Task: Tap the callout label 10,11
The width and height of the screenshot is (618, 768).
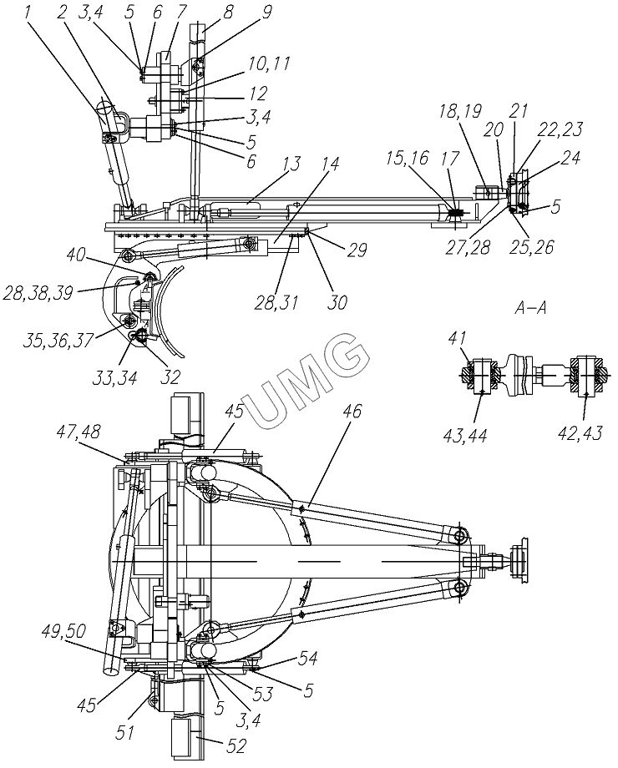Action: tap(269, 64)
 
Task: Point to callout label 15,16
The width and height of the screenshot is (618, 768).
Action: tap(407, 159)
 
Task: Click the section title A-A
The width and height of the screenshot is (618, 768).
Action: tap(530, 307)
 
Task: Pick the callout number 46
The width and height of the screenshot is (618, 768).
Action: tap(350, 411)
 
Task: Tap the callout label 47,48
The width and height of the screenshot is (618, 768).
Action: tap(79, 432)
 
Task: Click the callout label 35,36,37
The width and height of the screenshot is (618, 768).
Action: tap(57, 341)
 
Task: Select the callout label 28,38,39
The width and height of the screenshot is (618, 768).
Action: tap(38, 293)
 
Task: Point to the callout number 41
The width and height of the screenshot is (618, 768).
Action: tap(456, 337)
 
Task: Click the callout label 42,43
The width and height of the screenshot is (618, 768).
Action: tap(580, 434)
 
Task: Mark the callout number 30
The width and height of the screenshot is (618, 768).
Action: tap(337, 302)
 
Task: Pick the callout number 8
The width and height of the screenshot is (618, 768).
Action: tap(227, 12)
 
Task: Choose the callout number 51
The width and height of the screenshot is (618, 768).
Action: tap(125, 732)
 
